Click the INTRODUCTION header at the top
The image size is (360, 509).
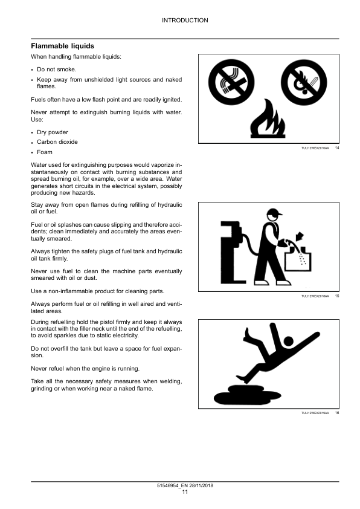click(185, 21)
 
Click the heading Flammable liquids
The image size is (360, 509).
click(62, 46)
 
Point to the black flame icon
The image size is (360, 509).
click(266, 120)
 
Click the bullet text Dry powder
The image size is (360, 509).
click(53, 132)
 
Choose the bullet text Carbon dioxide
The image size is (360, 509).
click(57, 142)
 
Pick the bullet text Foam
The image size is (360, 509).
click(44, 152)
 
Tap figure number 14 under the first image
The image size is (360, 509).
click(337, 148)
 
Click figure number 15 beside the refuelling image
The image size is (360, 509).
click(337, 296)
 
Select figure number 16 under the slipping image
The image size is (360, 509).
click(337, 412)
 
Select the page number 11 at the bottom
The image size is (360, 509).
click(185, 492)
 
